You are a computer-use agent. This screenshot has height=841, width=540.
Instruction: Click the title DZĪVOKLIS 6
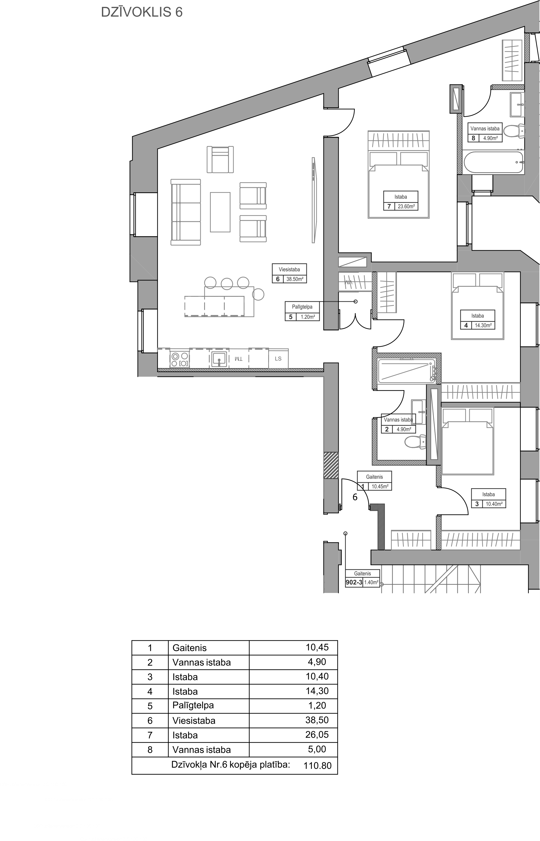[x=142, y=12]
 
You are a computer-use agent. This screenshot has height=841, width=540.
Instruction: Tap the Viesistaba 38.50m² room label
[x=289, y=274]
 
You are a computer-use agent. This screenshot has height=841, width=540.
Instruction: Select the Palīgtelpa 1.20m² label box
[x=302, y=312]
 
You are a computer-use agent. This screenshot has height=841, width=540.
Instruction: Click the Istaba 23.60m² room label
[x=400, y=201]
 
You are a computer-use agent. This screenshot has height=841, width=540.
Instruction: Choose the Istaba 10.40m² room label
[x=488, y=499]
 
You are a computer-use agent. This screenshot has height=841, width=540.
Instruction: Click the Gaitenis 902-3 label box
[x=362, y=578]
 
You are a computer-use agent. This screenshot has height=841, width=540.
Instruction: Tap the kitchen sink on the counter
[x=219, y=359]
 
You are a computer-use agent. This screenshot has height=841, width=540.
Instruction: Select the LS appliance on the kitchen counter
[x=278, y=359]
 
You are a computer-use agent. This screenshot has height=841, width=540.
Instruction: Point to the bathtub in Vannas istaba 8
[x=494, y=162]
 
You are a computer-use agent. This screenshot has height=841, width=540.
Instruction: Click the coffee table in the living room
[x=220, y=212]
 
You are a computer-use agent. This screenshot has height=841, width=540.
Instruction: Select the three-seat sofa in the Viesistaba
[x=185, y=212]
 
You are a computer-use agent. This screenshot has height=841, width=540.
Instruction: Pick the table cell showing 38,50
[x=317, y=720]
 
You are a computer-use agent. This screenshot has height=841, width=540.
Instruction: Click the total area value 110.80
[x=317, y=765]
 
